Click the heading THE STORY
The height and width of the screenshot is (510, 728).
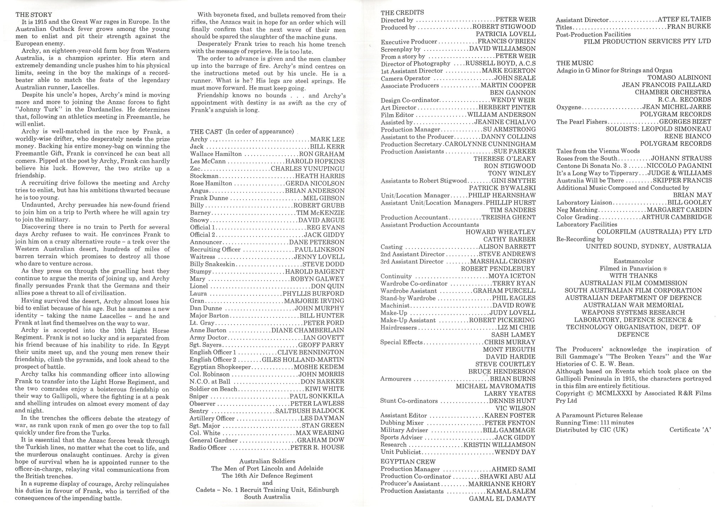pyautogui.click(x=34, y=15)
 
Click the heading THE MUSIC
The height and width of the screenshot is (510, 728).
pyautogui.click(x=575, y=63)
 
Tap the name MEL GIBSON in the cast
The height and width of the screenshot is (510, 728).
pyautogui.click(x=324, y=198)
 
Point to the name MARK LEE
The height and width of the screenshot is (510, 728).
pyautogui.click(x=327, y=140)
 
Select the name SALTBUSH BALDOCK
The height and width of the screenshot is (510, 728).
pyautogui.click(x=310, y=411)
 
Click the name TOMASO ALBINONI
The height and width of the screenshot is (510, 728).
pyautogui.click(x=679, y=77)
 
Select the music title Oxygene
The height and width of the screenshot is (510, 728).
pyautogui.click(x=569, y=107)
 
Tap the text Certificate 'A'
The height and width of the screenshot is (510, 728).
pyautogui.click(x=690, y=430)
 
